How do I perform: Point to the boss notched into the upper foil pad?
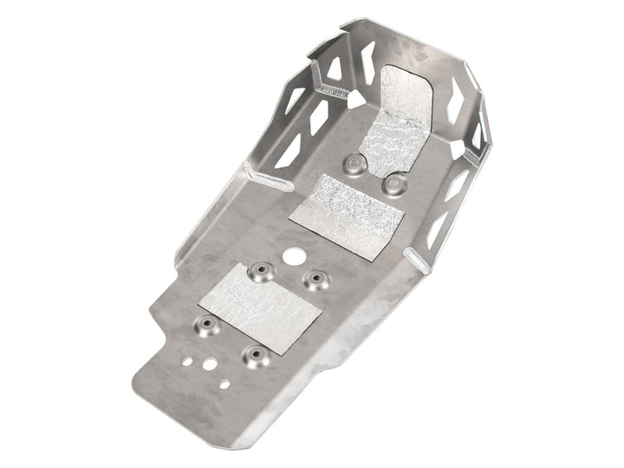pos(393,183)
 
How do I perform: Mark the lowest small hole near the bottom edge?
pos(224,383)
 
